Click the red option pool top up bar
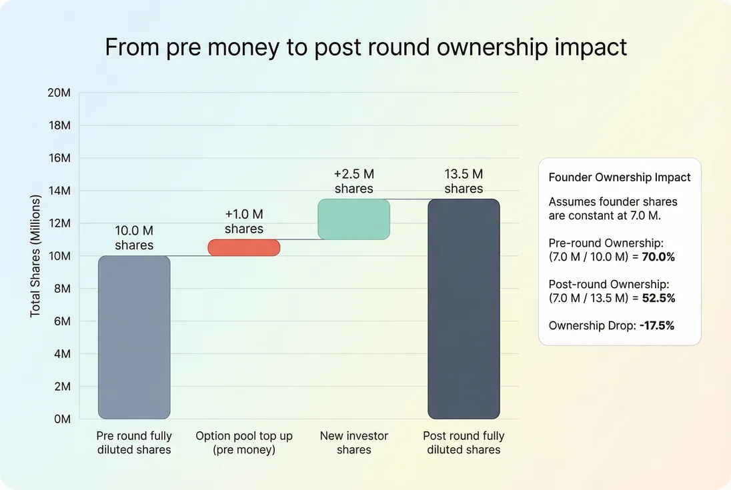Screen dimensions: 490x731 (x=244, y=247)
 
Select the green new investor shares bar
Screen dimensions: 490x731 (x=353, y=219)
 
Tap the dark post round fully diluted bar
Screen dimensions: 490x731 (x=464, y=309)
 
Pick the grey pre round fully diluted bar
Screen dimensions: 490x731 (x=134, y=337)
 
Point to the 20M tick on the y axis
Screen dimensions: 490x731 (x=59, y=93)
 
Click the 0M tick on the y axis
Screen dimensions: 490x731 (x=62, y=419)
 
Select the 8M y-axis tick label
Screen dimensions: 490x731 (x=62, y=289)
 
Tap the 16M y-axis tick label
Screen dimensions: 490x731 (x=59, y=158)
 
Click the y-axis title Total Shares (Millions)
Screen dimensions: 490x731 (x=35, y=256)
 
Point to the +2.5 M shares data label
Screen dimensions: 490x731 (x=354, y=181)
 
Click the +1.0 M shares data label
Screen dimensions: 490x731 (x=244, y=221)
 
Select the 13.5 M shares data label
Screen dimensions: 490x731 (x=464, y=181)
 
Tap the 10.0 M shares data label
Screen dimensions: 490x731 (x=134, y=238)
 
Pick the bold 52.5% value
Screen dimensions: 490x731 (x=658, y=298)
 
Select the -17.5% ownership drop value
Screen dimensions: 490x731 (x=658, y=326)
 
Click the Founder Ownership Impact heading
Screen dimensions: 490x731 (x=620, y=177)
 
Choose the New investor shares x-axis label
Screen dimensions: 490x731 (x=354, y=443)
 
